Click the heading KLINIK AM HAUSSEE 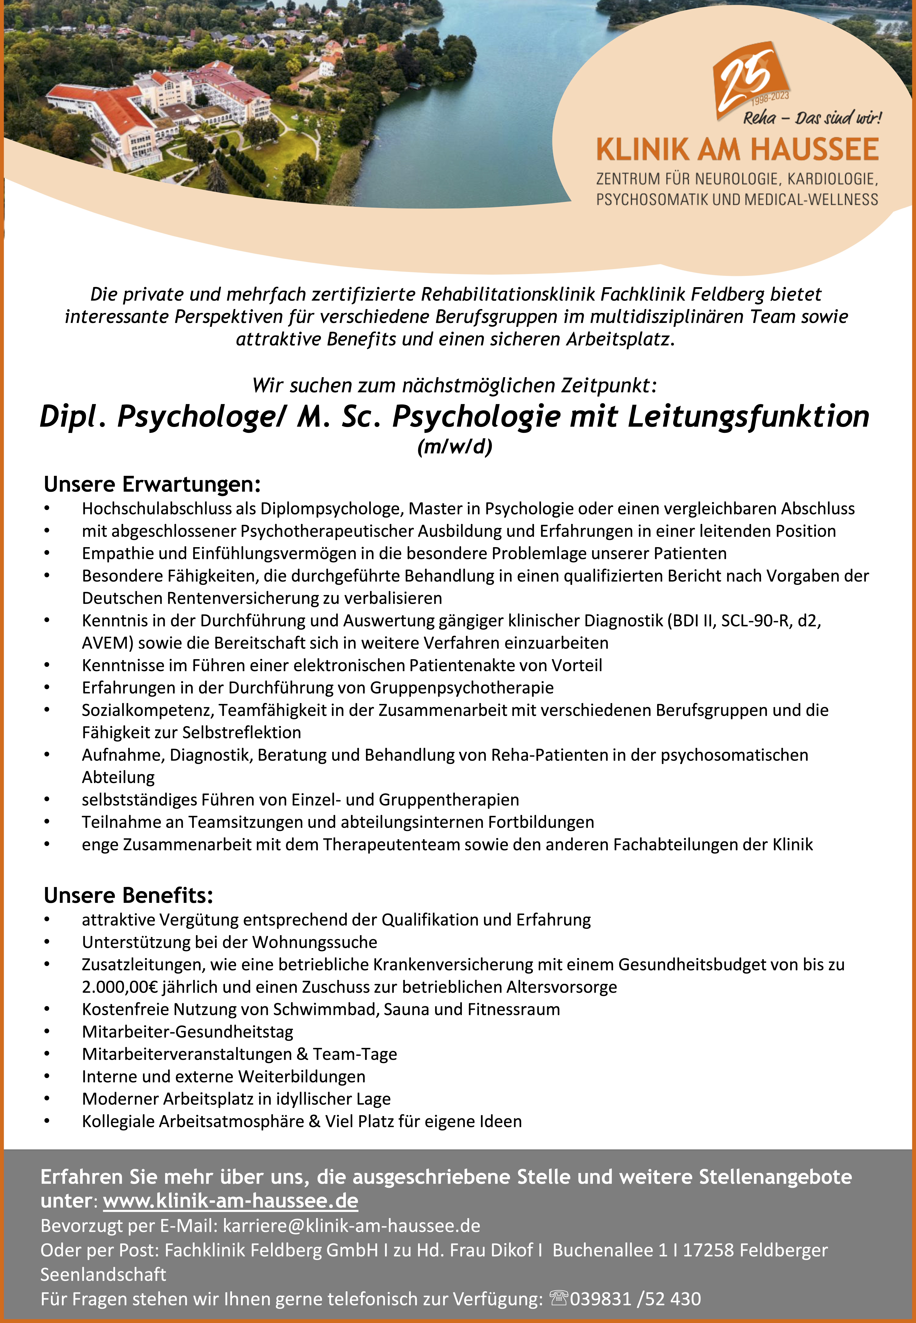coord(737,150)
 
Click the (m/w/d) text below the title coord(454,447)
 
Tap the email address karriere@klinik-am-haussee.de coord(351,1226)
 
